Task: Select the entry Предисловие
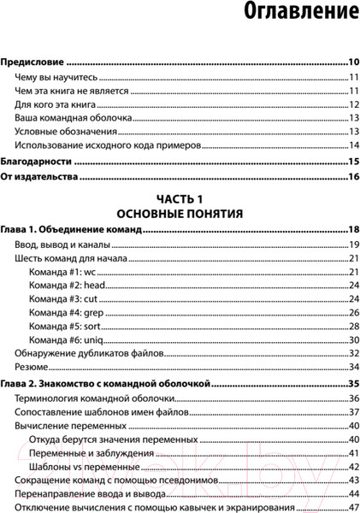(33, 62)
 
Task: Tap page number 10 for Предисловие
(352, 62)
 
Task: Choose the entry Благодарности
(38, 162)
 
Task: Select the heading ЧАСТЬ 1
(180, 197)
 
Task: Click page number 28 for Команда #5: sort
(352, 327)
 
